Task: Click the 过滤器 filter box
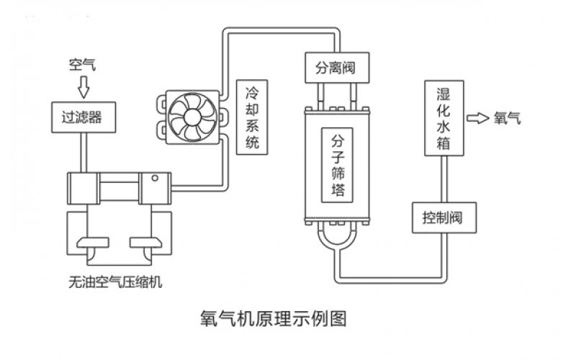tap(83, 117)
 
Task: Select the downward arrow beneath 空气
tap(83, 87)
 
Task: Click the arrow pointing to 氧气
tap(477, 118)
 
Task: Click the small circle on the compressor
tap(153, 179)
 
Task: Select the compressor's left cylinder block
tap(83, 189)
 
